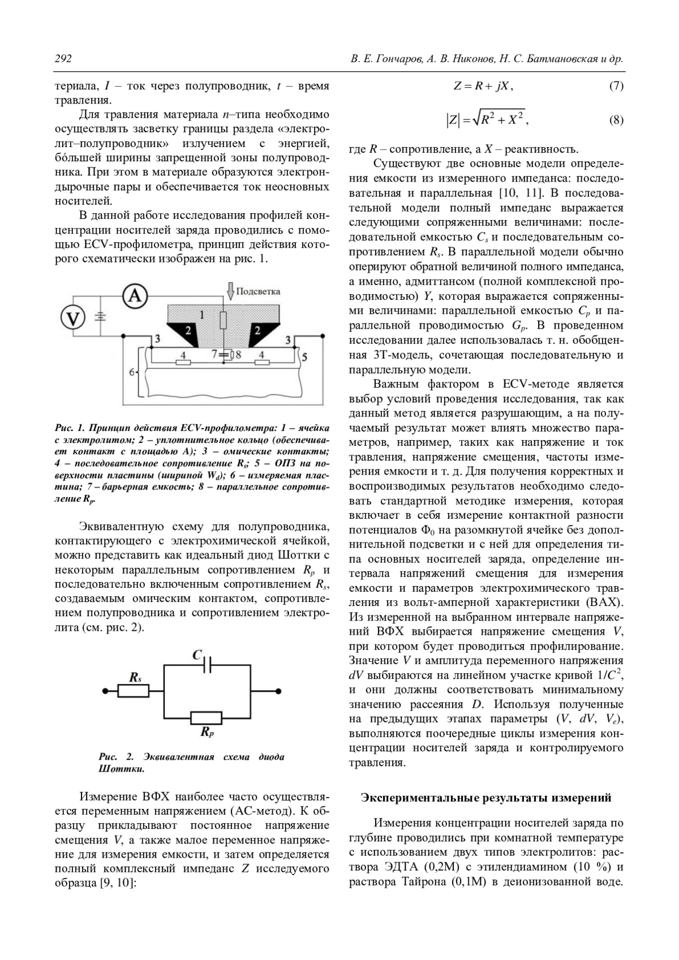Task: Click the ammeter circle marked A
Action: pyautogui.click(x=135, y=295)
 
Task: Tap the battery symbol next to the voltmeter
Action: pyautogui.click(x=101, y=317)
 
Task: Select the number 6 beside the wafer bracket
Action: pyautogui.click(x=131, y=372)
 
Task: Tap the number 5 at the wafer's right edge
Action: pyautogui.click(x=304, y=357)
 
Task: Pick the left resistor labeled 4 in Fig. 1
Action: pyautogui.click(x=182, y=362)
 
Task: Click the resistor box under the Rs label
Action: pyautogui.click(x=134, y=691)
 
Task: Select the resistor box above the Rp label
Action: pyautogui.click(x=207, y=717)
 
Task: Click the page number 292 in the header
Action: pyautogui.click(x=63, y=59)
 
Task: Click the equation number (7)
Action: pyautogui.click(x=616, y=86)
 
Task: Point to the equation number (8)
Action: pyautogui.click(x=616, y=120)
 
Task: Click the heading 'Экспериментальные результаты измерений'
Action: pyautogui.click(x=486, y=798)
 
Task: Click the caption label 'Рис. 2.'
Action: pyautogui.click(x=115, y=757)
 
